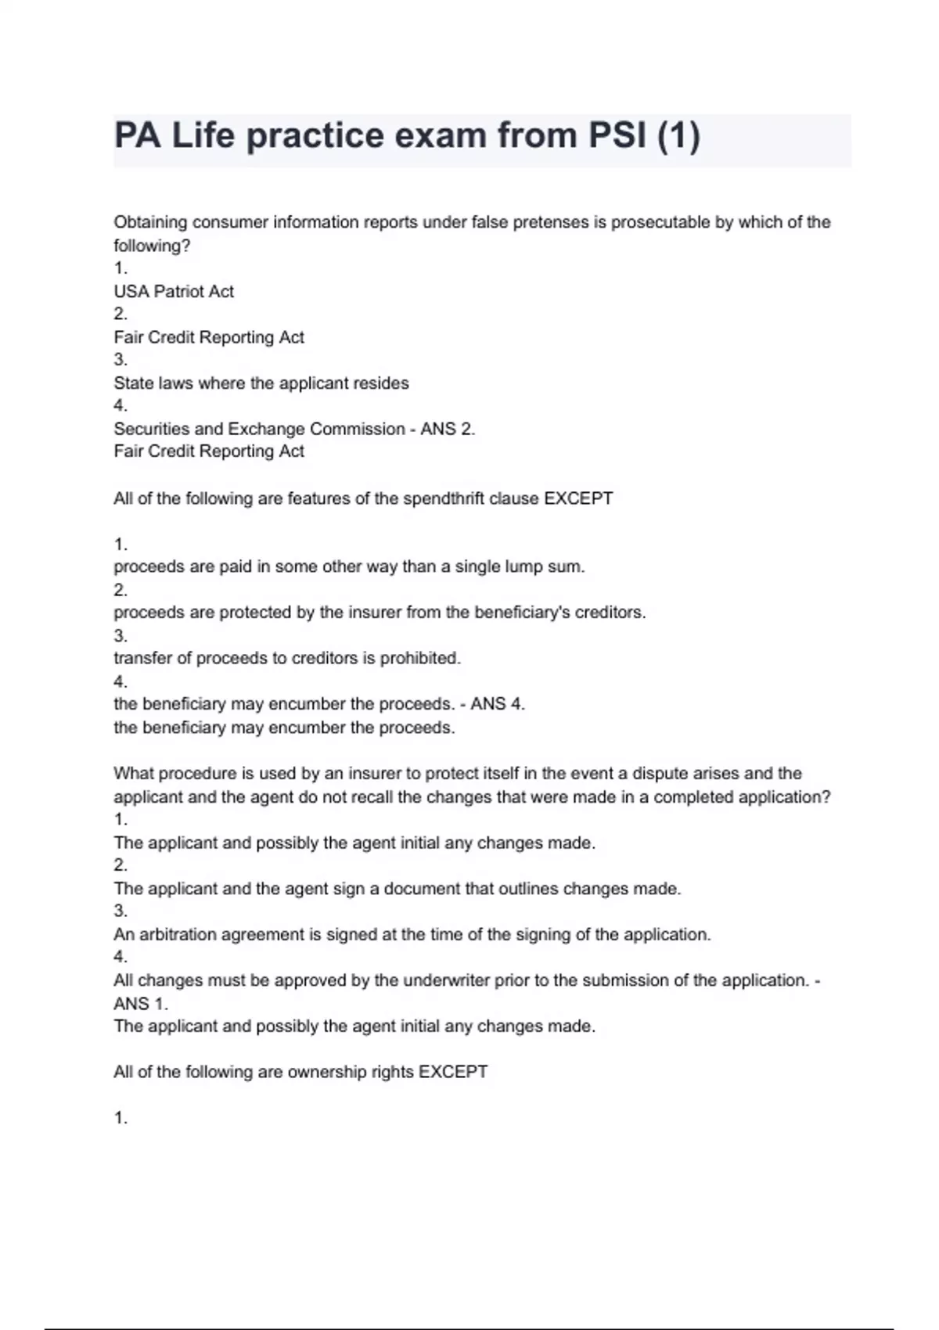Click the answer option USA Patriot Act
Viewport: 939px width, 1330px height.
(174, 291)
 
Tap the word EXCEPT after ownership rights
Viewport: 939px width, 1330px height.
(453, 1072)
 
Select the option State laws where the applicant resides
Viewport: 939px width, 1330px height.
(261, 383)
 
